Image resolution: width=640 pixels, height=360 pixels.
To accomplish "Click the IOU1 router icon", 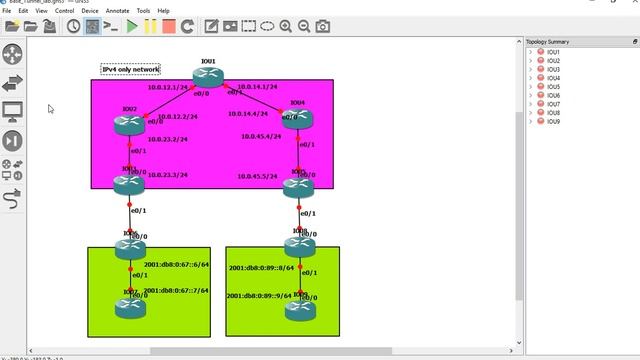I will coord(208,76).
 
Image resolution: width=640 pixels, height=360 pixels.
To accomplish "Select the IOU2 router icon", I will coord(129,124).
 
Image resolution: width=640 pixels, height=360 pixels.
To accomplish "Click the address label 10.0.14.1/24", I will coord(255,87).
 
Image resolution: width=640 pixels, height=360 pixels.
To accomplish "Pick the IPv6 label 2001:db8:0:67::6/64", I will coord(176,265).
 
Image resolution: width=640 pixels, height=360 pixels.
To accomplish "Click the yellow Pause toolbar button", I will coord(151,25).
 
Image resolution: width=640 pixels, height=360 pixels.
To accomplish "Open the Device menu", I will coord(90,10).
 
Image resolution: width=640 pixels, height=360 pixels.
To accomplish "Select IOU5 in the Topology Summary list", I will coord(553,87).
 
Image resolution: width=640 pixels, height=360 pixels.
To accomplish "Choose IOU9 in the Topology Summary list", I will coord(553,122).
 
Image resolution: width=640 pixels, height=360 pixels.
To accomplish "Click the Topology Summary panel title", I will coord(547,42).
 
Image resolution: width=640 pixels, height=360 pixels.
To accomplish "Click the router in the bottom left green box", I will coord(129,307).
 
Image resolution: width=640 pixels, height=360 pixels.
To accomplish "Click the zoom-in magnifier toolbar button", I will coord(286,25).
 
